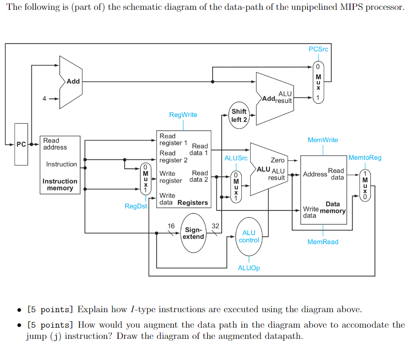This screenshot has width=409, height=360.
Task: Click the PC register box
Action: tap(21, 144)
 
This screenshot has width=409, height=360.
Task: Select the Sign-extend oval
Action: tap(193, 233)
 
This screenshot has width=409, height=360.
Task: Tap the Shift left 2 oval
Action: tap(239, 115)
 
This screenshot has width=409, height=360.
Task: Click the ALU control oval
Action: tap(249, 236)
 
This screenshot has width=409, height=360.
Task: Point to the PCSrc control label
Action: tap(319, 49)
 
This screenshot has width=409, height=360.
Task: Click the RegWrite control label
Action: tap(183, 115)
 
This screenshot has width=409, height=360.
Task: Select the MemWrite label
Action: tap(323, 140)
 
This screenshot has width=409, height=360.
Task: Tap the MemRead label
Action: tap(323, 242)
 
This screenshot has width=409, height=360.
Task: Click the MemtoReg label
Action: tap(365, 157)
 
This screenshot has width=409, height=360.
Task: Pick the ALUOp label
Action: tap(249, 268)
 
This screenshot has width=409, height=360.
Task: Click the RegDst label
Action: tap(135, 206)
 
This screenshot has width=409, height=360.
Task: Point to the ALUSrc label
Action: tap(236, 158)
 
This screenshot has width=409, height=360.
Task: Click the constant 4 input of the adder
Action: tap(45, 99)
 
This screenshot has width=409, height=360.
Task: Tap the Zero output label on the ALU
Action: tap(277, 160)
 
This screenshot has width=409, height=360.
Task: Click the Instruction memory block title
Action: tap(60, 185)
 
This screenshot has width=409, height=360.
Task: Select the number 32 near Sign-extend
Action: tap(215, 226)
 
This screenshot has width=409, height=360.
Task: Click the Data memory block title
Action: tap(333, 207)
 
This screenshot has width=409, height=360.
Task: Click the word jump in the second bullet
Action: tap(35, 337)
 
